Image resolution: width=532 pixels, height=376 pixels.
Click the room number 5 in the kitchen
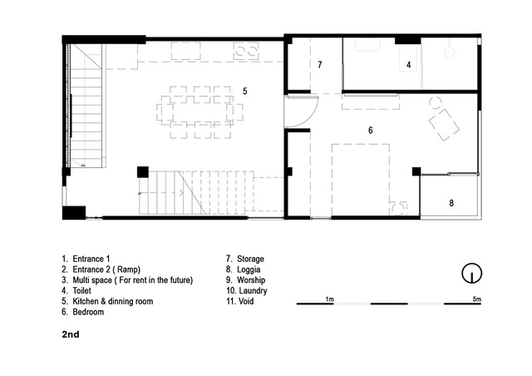[x=245, y=91]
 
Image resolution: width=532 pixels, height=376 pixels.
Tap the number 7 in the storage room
[x=319, y=65]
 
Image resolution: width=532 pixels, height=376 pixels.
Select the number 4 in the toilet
[x=408, y=65]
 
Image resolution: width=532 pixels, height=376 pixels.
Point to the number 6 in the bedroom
[x=371, y=130]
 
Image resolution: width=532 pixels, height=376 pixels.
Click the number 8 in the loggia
[x=451, y=203]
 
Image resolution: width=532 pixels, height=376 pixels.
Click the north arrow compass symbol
[x=471, y=273]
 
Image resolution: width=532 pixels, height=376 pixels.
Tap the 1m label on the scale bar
[x=329, y=299]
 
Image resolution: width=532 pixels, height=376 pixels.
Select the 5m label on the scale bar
[x=476, y=299]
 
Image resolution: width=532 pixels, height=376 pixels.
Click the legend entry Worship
[x=246, y=280]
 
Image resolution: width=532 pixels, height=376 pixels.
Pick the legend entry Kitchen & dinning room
[x=107, y=301]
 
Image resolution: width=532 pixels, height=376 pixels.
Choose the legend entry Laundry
[x=247, y=291]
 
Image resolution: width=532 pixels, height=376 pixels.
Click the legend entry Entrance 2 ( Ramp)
[x=101, y=270]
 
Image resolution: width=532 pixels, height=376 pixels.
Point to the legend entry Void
[x=240, y=301]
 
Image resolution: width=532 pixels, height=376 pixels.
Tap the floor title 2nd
[x=71, y=334]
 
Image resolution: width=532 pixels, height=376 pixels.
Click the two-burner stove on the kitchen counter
[x=246, y=52]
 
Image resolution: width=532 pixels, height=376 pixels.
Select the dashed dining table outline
[x=199, y=112]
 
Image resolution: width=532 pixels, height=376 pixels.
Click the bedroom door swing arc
[x=312, y=117]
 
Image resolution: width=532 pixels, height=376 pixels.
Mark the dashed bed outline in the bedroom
[x=360, y=180]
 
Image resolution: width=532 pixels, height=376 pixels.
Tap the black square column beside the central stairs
[x=143, y=172]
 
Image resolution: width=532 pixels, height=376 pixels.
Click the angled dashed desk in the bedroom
[x=444, y=125]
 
